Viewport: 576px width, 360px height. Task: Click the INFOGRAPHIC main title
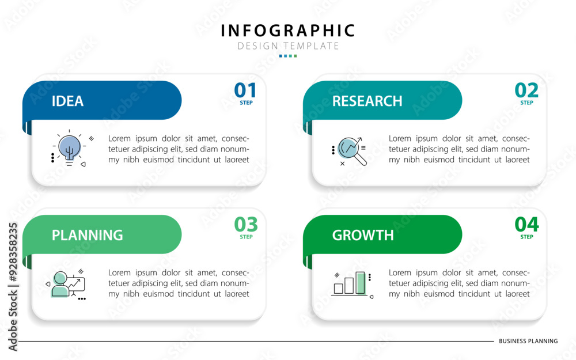(287, 31)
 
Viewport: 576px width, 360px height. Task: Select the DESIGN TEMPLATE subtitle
(287, 46)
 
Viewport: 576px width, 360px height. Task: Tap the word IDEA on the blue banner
(67, 101)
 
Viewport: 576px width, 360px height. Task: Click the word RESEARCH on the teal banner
(367, 101)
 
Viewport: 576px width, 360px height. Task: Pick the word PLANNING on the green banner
(87, 235)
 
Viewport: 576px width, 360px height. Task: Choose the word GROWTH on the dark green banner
(362, 235)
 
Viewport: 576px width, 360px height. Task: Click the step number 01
(245, 90)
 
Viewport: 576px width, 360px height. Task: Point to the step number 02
(526, 90)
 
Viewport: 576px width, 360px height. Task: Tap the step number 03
(246, 225)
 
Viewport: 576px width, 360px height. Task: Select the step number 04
(526, 225)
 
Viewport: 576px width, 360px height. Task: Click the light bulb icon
(70, 147)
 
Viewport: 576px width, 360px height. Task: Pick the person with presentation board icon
(67, 285)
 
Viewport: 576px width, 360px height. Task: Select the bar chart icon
(353, 285)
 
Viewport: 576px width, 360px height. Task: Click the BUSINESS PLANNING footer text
(528, 341)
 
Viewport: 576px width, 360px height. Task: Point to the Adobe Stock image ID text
(13, 287)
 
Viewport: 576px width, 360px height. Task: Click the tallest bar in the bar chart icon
(361, 283)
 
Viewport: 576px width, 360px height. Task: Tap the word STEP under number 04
(526, 237)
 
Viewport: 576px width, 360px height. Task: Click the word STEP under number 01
(246, 103)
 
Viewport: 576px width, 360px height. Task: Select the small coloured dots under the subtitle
(288, 56)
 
